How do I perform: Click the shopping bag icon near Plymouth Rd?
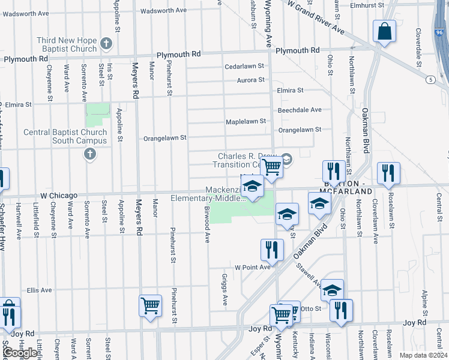pyautogui.click(x=384, y=31)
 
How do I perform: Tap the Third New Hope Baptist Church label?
pyautogui.click(x=67, y=44)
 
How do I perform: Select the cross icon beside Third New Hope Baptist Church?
pyautogui.click(x=106, y=44)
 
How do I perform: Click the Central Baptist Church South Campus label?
pyautogui.click(x=65, y=137)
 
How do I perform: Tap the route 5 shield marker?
pyautogui.click(x=430, y=79)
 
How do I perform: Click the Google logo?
pyautogui.click(x=20, y=353)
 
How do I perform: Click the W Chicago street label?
pyautogui.click(x=59, y=196)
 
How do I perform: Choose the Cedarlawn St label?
pyautogui.click(x=244, y=67)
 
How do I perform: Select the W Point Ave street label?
pyautogui.click(x=253, y=267)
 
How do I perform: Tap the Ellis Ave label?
pyautogui.click(x=40, y=290)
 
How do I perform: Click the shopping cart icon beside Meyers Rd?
pyautogui.click(x=150, y=305)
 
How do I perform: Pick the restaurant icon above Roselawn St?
pyautogui.click(x=388, y=173)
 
